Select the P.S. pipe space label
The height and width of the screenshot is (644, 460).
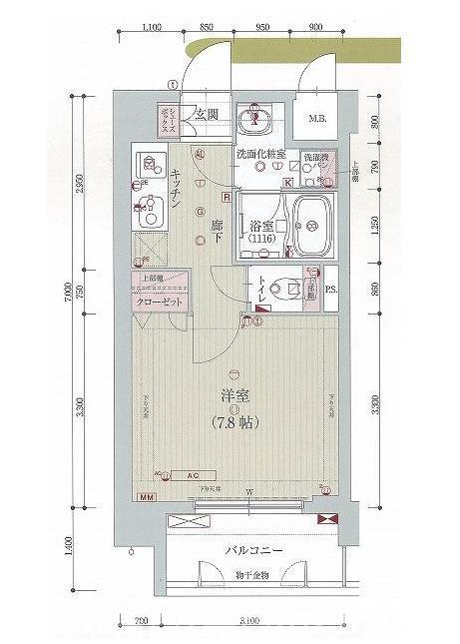[x=332, y=292]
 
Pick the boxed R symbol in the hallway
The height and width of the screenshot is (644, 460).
[x=227, y=198]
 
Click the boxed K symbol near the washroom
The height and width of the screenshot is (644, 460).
[x=289, y=183]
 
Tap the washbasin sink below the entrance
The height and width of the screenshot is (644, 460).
[x=257, y=118]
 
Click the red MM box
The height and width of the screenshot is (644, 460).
[x=146, y=497]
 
